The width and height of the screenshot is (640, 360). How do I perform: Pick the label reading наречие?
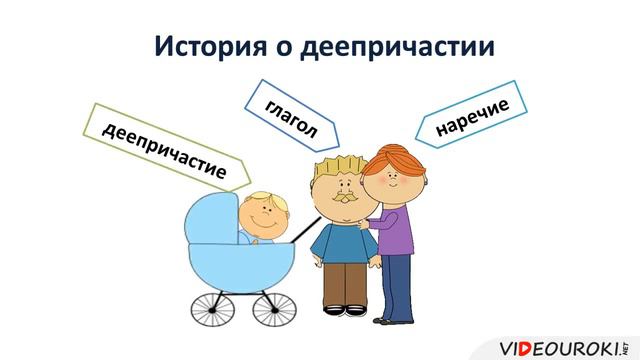click(x=473, y=118)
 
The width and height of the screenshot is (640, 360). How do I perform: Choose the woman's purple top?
click(x=398, y=234)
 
